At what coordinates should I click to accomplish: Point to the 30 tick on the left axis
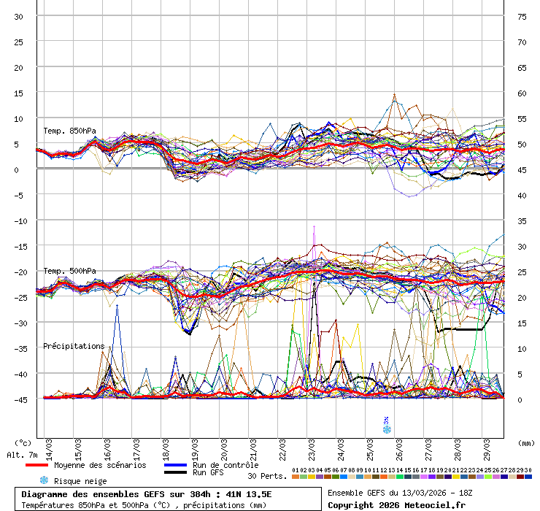pos(19,17)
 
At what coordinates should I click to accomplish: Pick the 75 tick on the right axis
pos(522,17)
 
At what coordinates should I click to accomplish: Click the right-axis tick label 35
pos(522,221)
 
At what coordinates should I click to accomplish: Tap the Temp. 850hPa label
pos(69,131)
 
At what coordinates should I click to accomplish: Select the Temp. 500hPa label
pos(69,272)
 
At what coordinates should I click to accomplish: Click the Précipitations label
pos(74,346)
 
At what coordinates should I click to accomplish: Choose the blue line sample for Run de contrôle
pos(175,465)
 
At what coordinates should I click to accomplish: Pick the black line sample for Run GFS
pos(175,472)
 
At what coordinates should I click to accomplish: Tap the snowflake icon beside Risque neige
pos(43,480)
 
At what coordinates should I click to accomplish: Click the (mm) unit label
pos(526,442)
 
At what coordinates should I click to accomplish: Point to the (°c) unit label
pos(23,442)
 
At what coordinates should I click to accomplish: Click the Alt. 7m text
pos(21,455)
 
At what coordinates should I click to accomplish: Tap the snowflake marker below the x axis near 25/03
pos(387,429)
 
